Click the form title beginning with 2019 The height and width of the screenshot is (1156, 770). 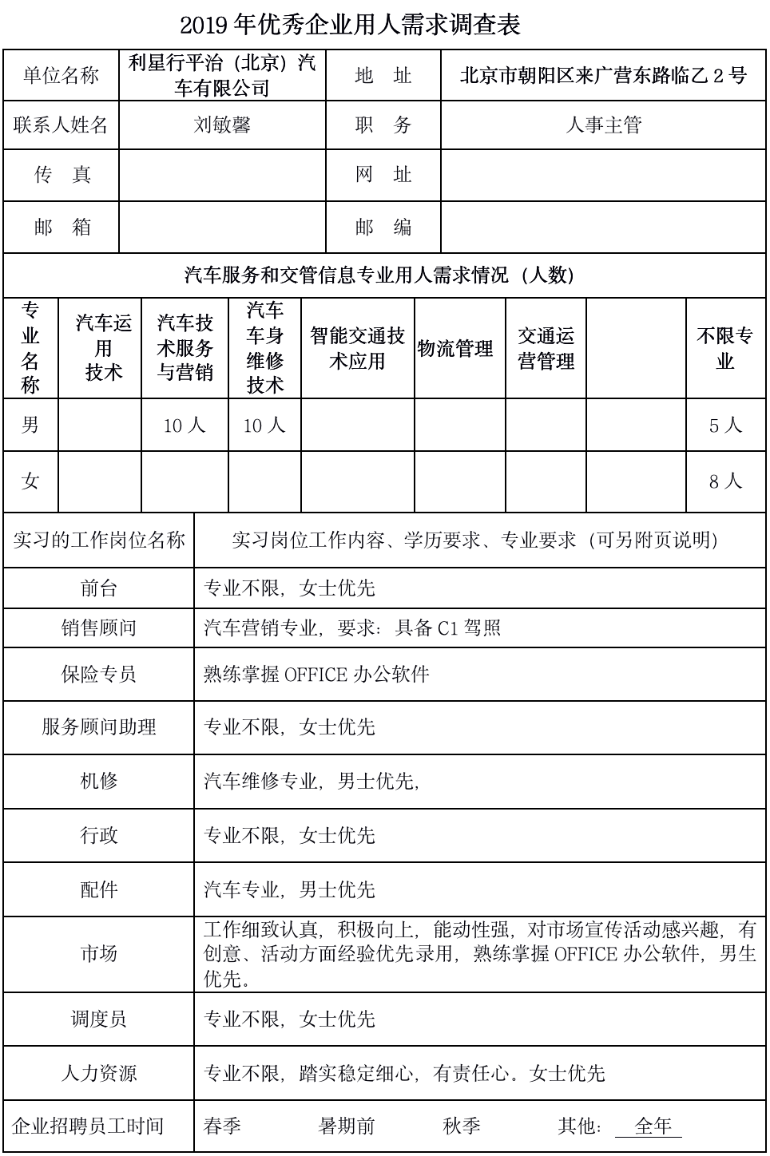pos(350,25)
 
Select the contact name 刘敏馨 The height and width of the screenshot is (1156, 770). pos(222,125)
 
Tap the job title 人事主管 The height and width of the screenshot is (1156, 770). pos(603,125)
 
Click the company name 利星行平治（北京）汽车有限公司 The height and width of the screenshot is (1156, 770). pos(222,75)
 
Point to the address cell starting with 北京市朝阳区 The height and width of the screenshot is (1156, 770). pos(603,75)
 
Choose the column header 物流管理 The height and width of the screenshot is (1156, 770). pos(455,349)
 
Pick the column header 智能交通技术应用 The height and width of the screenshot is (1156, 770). pos(357,349)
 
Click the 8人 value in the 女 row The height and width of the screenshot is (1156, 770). pos(725,481)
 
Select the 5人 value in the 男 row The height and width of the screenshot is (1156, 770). pos(725,426)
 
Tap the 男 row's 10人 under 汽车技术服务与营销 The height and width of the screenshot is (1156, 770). pos(185,426)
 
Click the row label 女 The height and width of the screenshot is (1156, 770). pos(30,481)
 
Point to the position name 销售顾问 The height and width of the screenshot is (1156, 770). pos(99,628)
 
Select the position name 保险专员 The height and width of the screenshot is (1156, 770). pos(99,674)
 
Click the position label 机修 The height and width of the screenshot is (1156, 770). pos(99,781)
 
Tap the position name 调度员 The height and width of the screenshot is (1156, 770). pos(99,1019)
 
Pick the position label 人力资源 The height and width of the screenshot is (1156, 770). pos(99,1073)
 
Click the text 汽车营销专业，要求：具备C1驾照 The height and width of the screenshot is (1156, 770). pos(352,628)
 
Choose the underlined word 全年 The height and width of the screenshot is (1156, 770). pos(653,1126)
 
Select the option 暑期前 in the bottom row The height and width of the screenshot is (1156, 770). pos(347,1126)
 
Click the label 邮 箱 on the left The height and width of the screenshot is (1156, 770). pos(62,227)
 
